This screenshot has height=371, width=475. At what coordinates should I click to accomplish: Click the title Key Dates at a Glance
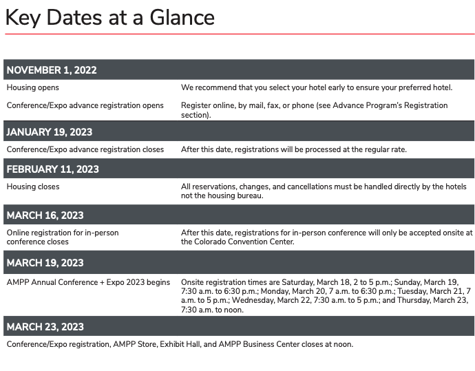point(110,17)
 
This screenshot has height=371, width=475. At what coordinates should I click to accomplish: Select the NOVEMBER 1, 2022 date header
point(52,70)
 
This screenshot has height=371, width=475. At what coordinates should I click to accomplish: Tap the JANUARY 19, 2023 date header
point(50,132)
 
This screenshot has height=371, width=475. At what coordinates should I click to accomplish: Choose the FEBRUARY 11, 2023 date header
point(53,169)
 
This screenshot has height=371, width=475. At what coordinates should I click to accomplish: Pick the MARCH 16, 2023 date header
point(45,215)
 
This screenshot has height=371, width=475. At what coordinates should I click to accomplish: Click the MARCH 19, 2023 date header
point(45,263)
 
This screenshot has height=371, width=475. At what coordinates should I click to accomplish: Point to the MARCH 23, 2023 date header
point(45,327)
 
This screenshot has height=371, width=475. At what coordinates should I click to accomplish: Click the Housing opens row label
point(32,88)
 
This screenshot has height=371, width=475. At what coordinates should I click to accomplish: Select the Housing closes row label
point(33,187)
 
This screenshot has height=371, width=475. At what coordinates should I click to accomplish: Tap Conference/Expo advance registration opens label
point(85,105)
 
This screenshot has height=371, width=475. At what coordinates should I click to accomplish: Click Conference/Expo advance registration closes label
point(85,149)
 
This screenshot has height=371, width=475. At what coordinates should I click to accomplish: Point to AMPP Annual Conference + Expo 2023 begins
point(88,282)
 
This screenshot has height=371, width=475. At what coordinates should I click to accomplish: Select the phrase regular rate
point(386,149)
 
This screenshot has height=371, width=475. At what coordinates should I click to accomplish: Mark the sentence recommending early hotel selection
point(317,88)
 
